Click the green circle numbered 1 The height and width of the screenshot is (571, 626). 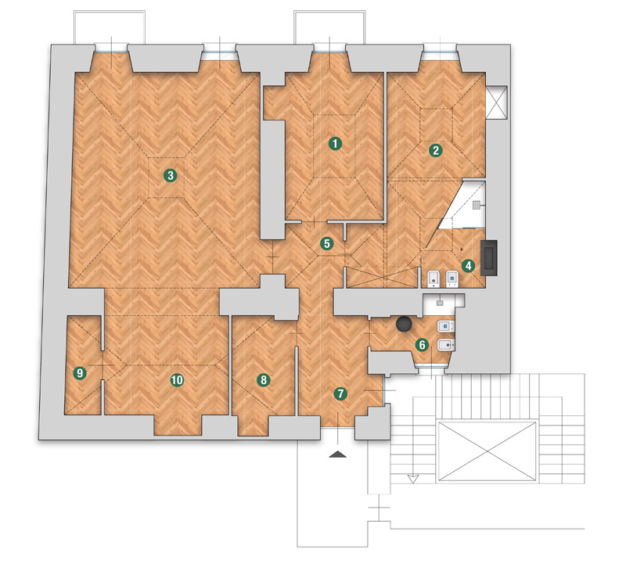point(335,144)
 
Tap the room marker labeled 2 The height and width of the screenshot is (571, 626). point(436,150)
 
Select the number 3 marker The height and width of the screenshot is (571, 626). point(171,175)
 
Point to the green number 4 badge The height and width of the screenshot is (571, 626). point(468,266)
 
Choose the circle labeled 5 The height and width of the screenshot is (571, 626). point(327,243)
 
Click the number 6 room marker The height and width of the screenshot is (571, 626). point(422,345)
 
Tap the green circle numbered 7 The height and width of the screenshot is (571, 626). point(340,394)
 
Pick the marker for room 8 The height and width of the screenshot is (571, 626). point(263,379)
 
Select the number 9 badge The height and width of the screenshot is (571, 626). point(80,373)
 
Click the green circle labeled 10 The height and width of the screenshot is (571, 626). point(177,380)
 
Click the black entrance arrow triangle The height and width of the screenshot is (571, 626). point(337,454)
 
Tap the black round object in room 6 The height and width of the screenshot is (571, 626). point(404,324)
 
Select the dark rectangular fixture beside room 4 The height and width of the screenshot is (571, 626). point(489,258)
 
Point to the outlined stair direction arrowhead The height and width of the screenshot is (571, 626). point(412,479)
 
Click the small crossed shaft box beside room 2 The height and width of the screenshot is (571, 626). point(497,102)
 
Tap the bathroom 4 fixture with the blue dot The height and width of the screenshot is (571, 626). point(452,279)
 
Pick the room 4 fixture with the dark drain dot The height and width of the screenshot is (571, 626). point(434,279)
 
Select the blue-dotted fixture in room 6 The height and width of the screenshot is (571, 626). point(446,327)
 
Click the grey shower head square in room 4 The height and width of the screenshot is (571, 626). point(477,206)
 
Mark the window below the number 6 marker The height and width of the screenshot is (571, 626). point(430,367)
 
